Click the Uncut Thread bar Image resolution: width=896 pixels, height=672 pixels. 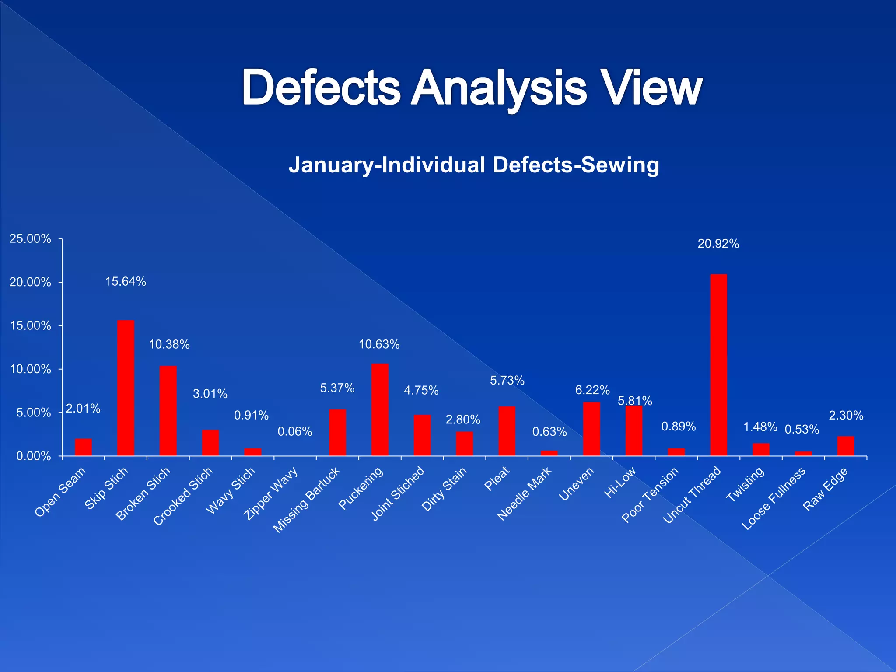(x=718, y=365)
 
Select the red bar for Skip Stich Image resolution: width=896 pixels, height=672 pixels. (x=126, y=388)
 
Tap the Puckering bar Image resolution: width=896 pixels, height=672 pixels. (x=380, y=409)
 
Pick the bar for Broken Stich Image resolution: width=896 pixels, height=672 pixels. (x=168, y=411)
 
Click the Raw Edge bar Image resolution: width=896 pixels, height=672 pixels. (x=845, y=446)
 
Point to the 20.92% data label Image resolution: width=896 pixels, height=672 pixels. (x=718, y=244)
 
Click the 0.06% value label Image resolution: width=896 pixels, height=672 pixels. (x=295, y=432)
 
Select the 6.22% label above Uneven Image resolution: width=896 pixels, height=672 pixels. (x=592, y=390)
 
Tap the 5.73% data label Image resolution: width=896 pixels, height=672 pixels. (x=507, y=381)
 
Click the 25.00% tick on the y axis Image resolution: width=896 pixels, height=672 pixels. (x=30, y=239)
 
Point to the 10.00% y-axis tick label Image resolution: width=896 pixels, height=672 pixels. (x=30, y=369)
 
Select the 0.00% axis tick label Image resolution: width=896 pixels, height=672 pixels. (x=33, y=456)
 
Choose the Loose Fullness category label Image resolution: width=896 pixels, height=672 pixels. (x=773, y=498)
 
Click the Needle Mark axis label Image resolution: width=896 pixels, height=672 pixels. (x=525, y=493)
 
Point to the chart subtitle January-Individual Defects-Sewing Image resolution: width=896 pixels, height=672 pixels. (x=474, y=165)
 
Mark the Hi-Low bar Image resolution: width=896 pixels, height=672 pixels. (x=633, y=430)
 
